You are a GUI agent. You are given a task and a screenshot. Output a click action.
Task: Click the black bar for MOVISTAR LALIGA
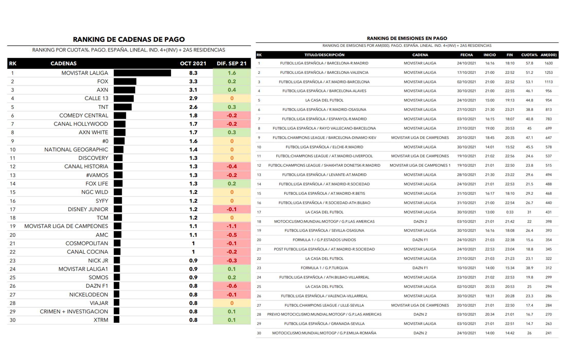point(142,73)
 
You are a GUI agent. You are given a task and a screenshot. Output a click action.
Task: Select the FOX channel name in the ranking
point(103,82)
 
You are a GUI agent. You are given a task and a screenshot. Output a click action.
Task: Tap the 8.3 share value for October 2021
point(193,73)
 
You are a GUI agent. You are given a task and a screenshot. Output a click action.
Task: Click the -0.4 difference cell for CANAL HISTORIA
point(232,167)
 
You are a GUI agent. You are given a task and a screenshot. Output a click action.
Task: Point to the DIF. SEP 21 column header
point(232,64)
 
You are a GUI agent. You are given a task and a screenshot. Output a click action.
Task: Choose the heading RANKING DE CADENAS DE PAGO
point(129,39)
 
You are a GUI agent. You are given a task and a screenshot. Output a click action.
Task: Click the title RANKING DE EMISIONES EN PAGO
point(407,39)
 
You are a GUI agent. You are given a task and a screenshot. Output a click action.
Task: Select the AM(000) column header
point(549,55)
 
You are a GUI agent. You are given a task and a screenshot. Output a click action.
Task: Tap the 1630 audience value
point(549,63)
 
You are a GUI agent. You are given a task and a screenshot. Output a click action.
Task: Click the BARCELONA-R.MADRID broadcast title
point(324,63)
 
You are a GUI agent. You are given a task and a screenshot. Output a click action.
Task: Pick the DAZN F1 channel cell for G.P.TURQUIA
point(420,268)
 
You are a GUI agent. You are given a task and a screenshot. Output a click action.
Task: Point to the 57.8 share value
point(529,63)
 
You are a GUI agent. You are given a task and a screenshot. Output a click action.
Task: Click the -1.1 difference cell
point(232,226)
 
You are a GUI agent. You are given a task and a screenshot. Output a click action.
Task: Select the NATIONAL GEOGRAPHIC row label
point(76,150)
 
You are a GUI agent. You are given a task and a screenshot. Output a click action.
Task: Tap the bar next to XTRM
point(117,320)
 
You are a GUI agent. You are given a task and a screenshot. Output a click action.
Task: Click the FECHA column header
point(466,55)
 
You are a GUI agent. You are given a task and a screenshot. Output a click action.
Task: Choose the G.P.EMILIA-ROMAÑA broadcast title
point(324,333)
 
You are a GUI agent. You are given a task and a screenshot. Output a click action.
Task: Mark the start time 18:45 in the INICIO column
point(490,138)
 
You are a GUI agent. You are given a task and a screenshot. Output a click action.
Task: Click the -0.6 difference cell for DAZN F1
point(232,286)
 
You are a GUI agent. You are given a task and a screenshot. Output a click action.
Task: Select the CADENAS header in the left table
point(64,64)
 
